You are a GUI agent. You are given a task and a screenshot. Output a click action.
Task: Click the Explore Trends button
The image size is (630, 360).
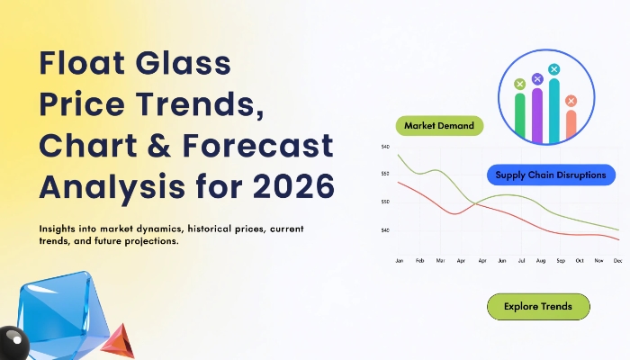(x=538, y=307)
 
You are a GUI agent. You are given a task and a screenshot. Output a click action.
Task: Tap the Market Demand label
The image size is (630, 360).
(x=439, y=126)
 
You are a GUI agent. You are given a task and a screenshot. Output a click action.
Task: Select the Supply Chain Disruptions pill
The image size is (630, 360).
(x=551, y=175)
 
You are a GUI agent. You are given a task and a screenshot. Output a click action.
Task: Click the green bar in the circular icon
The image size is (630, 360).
(x=520, y=116)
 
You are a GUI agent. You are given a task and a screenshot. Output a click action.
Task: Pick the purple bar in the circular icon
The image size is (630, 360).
(x=537, y=115)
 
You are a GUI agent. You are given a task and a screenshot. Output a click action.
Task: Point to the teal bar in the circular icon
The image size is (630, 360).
(x=554, y=111)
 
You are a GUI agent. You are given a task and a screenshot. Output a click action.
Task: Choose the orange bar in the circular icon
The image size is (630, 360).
(x=571, y=124)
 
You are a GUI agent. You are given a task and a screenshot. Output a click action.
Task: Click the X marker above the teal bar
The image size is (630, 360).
(x=554, y=69)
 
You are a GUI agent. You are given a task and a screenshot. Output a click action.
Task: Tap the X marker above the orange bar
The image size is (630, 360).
(x=571, y=101)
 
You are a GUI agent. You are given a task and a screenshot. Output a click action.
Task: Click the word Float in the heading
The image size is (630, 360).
(x=82, y=63)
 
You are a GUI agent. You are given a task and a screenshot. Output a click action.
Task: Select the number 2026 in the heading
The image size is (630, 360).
(x=293, y=186)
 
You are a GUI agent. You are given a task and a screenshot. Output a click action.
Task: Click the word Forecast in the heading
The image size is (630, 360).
(x=258, y=145)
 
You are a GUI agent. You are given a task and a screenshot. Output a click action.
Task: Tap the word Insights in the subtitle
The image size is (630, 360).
(x=57, y=229)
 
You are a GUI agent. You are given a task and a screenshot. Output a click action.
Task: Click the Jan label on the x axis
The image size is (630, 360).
(x=399, y=261)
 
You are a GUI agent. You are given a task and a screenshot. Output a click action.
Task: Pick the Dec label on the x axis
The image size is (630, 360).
(x=618, y=261)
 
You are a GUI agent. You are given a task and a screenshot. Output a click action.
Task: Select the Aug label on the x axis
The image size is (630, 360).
(x=541, y=261)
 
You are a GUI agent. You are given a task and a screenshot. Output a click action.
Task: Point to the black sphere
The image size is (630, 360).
(x=13, y=343)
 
